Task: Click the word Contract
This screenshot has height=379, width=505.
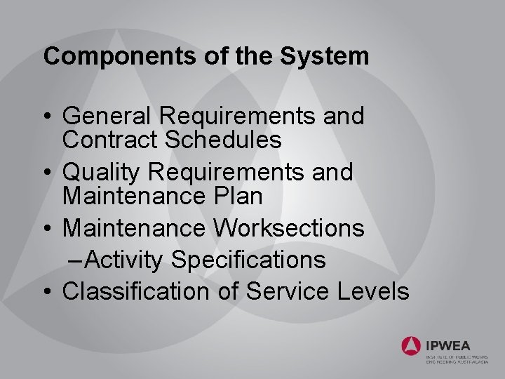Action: click(x=109, y=140)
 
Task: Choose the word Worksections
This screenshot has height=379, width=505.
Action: click(x=289, y=227)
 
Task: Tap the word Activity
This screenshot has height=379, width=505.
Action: click(x=126, y=260)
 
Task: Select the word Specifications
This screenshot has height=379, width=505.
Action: click(x=248, y=260)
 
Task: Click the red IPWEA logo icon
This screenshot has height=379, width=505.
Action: click(x=411, y=345)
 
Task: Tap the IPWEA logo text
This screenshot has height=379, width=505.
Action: click(x=447, y=345)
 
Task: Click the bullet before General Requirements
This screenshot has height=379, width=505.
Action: click(x=47, y=117)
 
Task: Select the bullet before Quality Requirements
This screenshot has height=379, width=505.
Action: click(x=47, y=173)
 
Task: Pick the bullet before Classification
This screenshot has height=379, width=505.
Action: click(x=47, y=292)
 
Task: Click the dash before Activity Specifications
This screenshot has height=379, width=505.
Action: click(x=79, y=260)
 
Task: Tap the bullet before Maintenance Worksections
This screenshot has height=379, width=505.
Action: click(x=47, y=228)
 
